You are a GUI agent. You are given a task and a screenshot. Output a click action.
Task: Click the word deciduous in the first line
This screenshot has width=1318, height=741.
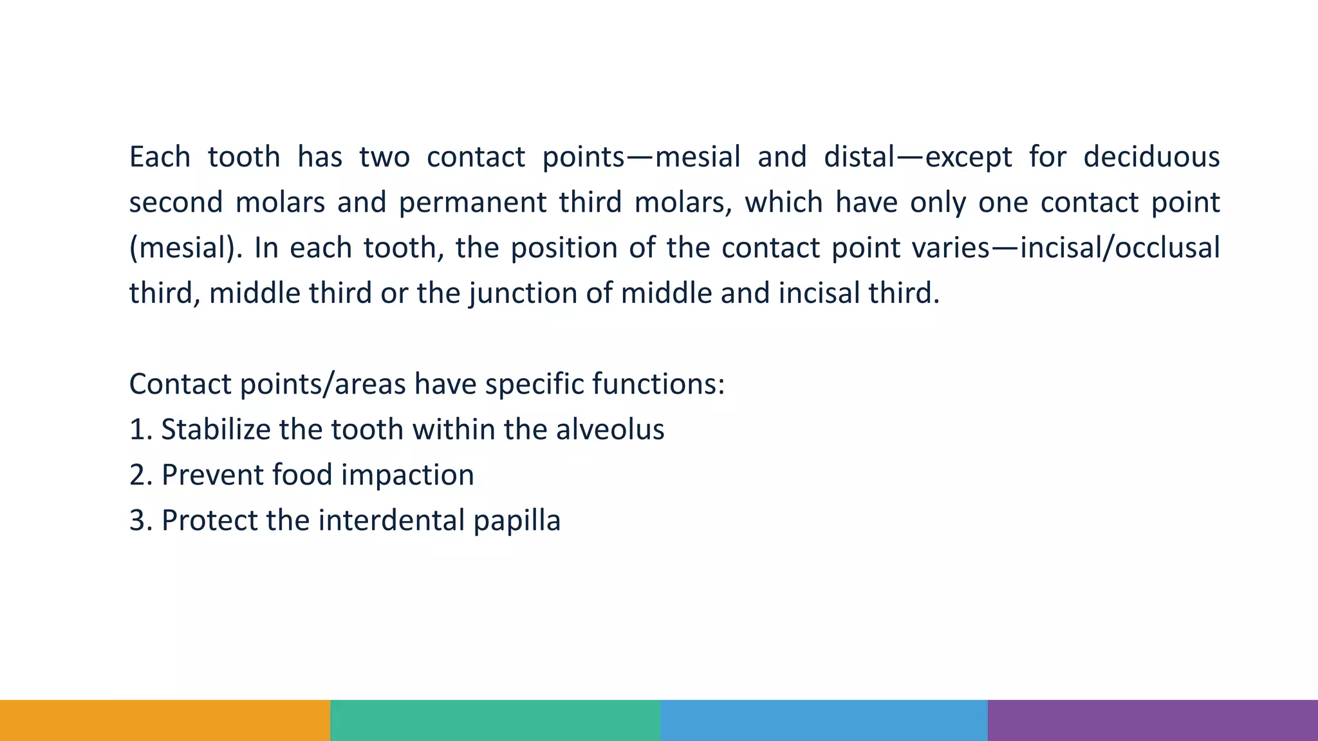pyautogui.click(x=1151, y=157)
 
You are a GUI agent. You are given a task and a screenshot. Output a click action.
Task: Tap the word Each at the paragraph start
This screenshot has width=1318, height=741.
pyautogui.click(x=160, y=157)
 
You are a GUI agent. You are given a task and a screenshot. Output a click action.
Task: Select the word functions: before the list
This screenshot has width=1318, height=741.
pyautogui.click(x=658, y=385)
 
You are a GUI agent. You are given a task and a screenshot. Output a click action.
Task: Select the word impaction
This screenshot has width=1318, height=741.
pyautogui.click(x=407, y=475)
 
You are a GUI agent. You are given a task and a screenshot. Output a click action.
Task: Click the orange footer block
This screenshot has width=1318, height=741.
pyautogui.click(x=165, y=720)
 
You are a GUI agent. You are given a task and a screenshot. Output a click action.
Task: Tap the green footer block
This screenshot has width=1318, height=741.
pyautogui.click(x=495, y=720)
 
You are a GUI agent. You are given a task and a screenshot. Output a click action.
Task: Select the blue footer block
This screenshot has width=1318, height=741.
pyautogui.click(x=824, y=720)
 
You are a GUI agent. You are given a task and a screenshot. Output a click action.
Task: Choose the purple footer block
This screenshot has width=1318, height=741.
pyautogui.click(x=1153, y=720)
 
